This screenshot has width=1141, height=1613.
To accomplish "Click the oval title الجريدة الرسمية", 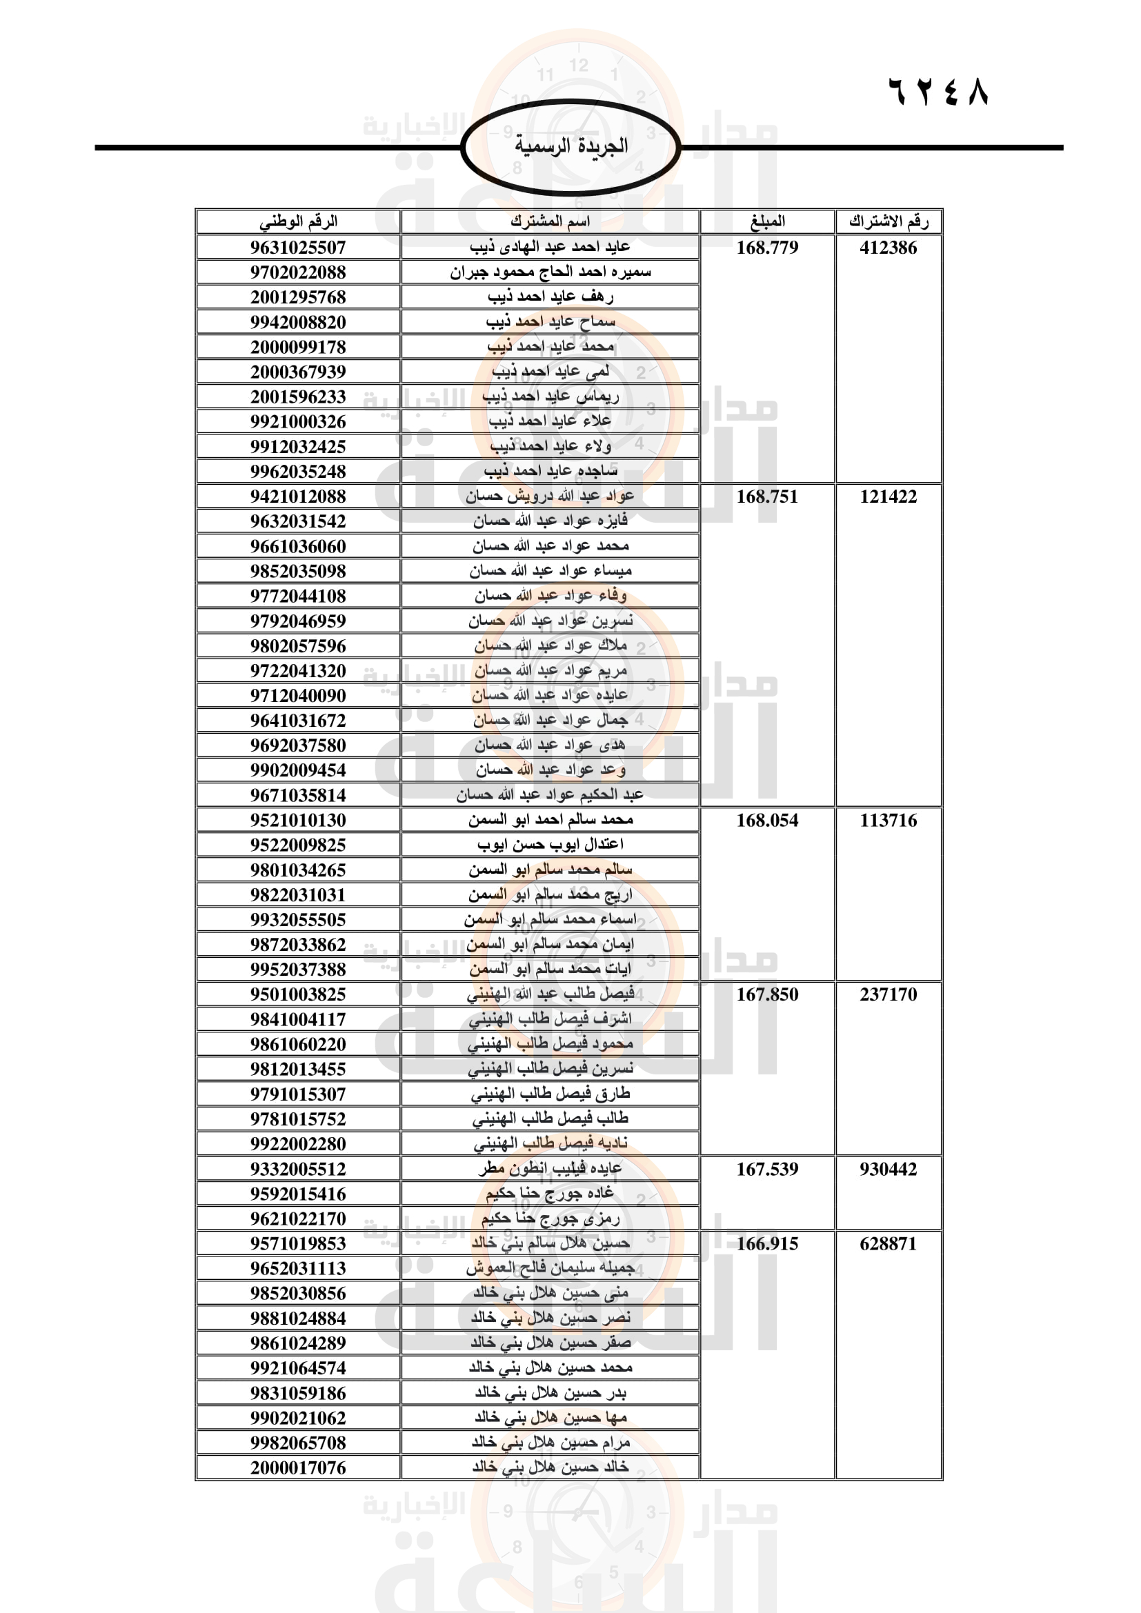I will pos(570,146).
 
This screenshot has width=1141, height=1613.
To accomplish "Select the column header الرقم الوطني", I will pos(298,221).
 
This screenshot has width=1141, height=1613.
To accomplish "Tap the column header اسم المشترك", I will pos(550,221).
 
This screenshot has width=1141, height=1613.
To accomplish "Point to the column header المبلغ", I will pos(767,221).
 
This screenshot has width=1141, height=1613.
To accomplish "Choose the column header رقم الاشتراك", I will pos(888,221).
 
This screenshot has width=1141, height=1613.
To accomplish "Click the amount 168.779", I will pos(767,248).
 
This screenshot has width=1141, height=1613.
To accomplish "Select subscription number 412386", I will pos(888,248).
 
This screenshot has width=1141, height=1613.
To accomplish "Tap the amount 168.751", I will pos(767,497).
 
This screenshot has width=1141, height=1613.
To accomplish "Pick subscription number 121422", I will pos(888,497).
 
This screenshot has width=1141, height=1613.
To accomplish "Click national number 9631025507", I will pos(298,248).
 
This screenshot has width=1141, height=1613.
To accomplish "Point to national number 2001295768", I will pos(298,297).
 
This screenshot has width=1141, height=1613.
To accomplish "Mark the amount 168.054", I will pos(767,820).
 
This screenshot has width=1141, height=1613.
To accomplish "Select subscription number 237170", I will pos(888,994).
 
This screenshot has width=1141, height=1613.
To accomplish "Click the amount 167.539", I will pos(767,1169).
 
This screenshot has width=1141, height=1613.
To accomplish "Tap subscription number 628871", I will pos(888,1243).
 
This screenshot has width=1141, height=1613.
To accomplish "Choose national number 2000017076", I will pos(298,1467).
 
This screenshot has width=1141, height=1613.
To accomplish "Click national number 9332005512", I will pos(298,1169).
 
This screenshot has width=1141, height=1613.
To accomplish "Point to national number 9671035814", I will pos(298,795).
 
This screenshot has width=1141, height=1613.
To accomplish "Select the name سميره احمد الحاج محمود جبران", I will pos(550,272).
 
